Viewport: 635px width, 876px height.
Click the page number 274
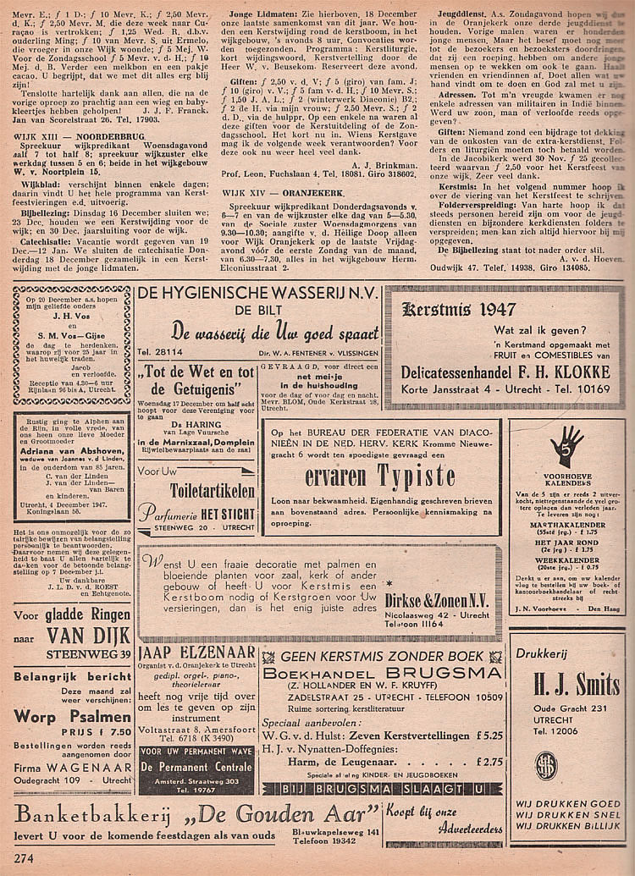tap(24, 857)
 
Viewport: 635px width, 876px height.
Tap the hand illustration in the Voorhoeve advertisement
tap(567, 444)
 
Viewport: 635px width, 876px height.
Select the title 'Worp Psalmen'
tap(59, 716)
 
